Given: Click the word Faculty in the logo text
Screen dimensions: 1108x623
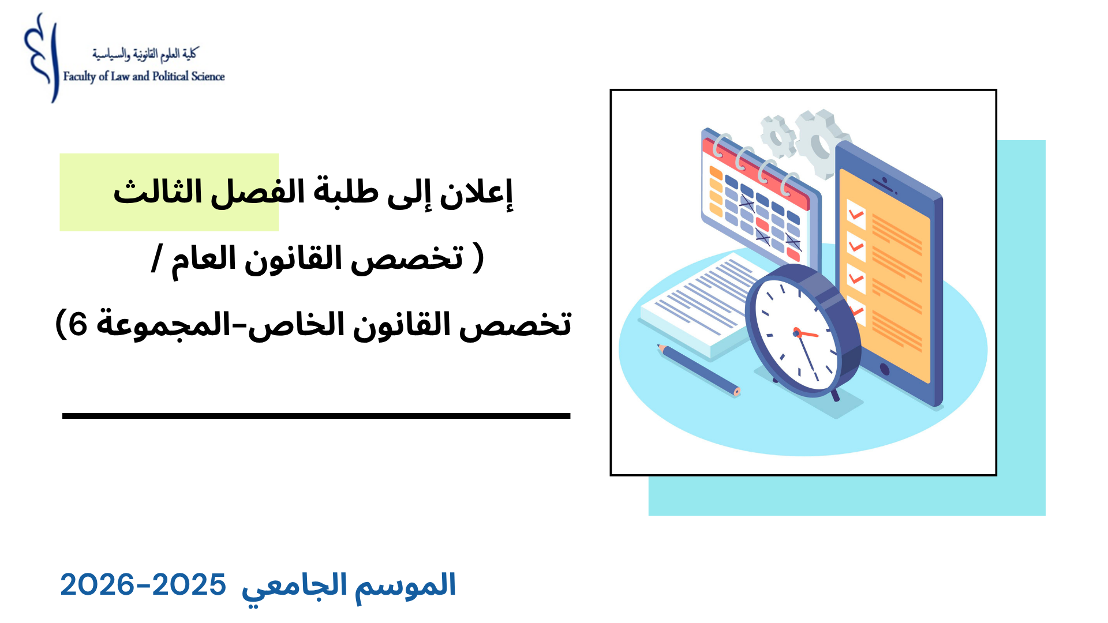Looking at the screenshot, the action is coord(80,77).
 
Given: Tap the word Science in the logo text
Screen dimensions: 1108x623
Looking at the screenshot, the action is coord(208,76).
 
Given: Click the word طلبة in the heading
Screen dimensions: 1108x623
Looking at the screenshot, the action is coord(346,192).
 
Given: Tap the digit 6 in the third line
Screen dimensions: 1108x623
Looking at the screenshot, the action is coord(78,324).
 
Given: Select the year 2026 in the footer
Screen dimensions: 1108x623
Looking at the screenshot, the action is coord(97,585).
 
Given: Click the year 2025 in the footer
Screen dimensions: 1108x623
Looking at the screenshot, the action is coord(189,585).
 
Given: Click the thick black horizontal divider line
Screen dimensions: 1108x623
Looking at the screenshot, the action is coord(316,415).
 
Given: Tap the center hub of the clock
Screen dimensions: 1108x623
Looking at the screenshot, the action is coord(797,333).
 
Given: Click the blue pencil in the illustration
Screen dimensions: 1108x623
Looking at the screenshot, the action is coord(698,370).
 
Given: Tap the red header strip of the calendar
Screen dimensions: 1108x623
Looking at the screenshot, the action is coord(755,173).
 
